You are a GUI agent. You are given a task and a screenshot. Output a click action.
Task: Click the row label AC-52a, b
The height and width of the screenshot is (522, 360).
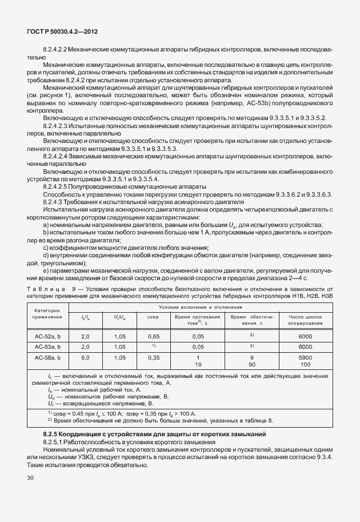[47, 337]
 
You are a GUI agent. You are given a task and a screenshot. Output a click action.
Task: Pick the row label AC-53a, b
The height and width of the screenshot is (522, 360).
[47, 346]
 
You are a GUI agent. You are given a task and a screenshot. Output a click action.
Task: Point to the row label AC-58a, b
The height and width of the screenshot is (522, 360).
[47, 357]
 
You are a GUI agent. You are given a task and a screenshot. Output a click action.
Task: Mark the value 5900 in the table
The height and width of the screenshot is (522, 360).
[305, 357]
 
